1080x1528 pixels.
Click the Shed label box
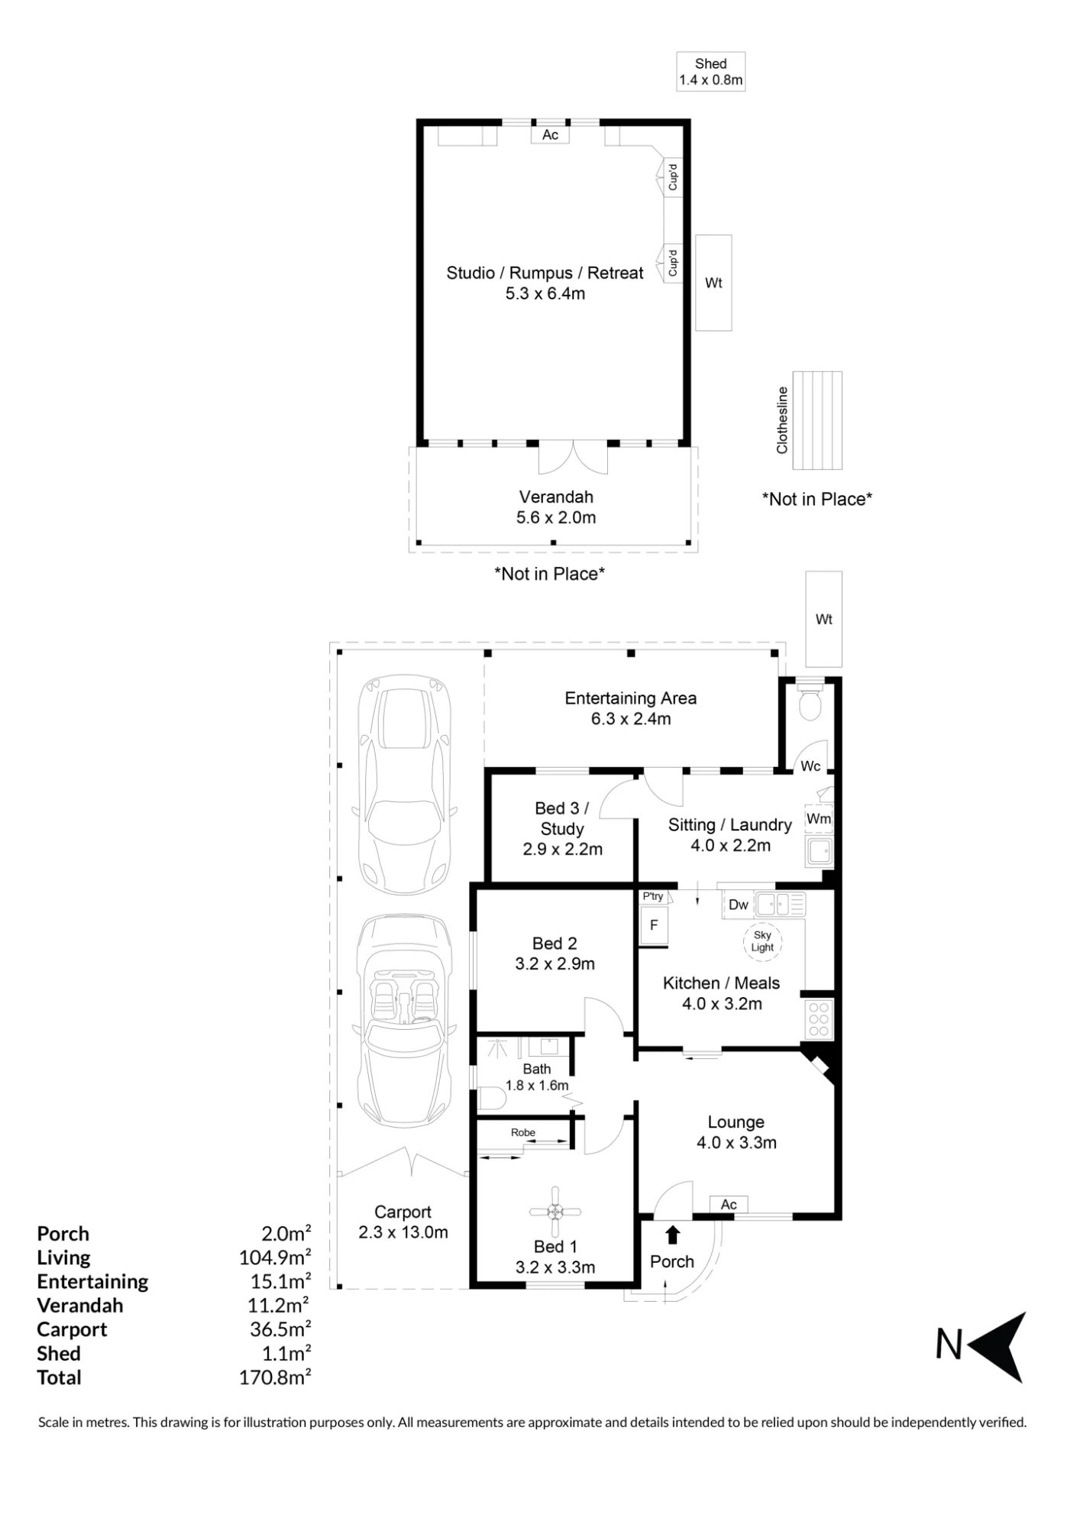pyautogui.click(x=710, y=72)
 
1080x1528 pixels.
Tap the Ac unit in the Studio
pyautogui.click(x=550, y=134)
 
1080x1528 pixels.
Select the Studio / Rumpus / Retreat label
pyautogui.click(x=545, y=273)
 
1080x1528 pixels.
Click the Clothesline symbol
pyautogui.click(x=817, y=420)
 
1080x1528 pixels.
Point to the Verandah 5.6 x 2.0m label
pyautogui.click(x=556, y=507)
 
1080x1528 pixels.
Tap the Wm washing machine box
pyautogui.click(x=819, y=818)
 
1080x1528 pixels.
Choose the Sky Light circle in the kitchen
pyautogui.click(x=762, y=941)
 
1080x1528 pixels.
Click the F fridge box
pyautogui.click(x=654, y=925)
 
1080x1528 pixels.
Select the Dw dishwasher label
pyautogui.click(x=739, y=905)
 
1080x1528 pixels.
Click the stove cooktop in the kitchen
pyautogui.click(x=818, y=1019)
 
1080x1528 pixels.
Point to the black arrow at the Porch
pyautogui.click(x=673, y=1235)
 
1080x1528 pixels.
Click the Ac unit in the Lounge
pyautogui.click(x=729, y=1205)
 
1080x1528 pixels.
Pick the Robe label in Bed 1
pyautogui.click(x=523, y=1132)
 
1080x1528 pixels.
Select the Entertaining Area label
pyautogui.click(x=631, y=698)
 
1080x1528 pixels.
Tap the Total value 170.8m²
pyautogui.click(x=275, y=1377)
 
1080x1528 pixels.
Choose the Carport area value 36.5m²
pyautogui.click(x=280, y=1329)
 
